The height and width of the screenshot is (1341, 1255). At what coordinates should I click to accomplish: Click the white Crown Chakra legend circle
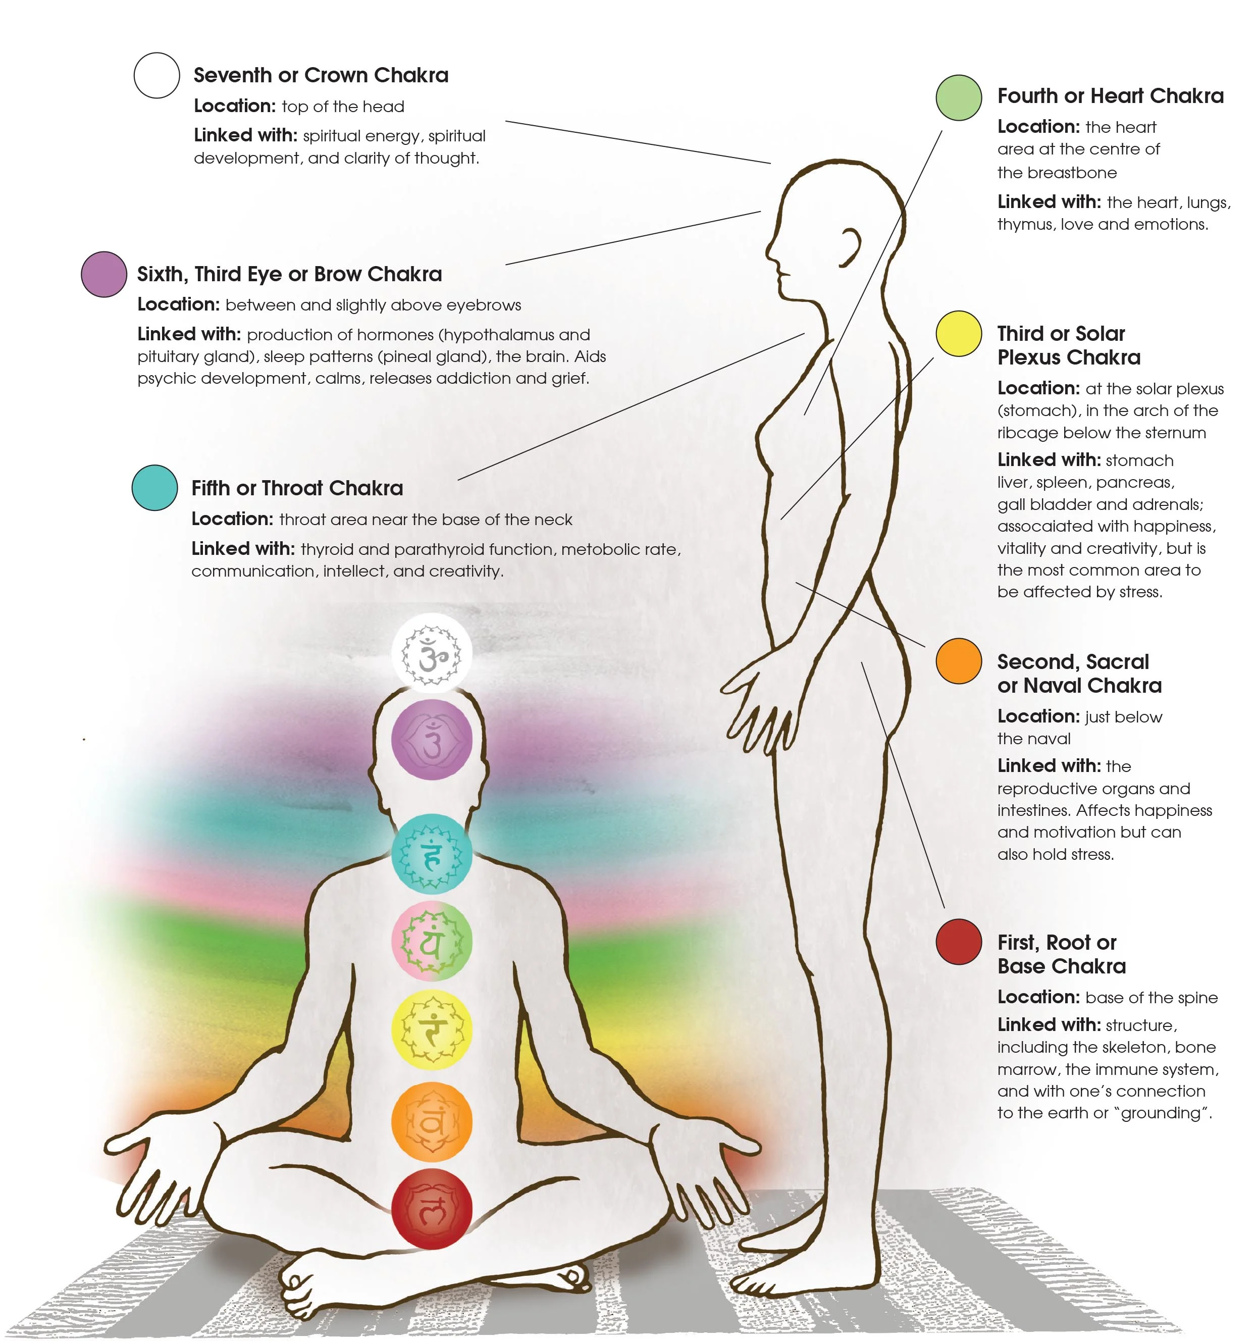pyautogui.click(x=156, y=76)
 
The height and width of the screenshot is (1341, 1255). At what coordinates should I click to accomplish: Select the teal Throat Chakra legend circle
pyautogui.click(x=154, y=488)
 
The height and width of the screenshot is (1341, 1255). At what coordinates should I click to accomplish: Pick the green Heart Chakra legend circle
pyautogui.click(x=958, y=98)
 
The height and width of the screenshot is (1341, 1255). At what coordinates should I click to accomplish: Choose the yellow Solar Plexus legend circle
pyautogui.click(x=958, y=333)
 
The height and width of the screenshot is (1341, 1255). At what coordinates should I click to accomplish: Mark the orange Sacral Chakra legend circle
pyautogui.click(x=958, y=661)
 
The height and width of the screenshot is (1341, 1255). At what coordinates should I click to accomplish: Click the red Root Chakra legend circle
pyautogui.click(x=958, y=942)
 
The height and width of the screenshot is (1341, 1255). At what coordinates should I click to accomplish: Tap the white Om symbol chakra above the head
pyautogui.click(x=432, y=653)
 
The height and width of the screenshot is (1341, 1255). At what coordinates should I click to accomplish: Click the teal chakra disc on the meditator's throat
pyautogui.click(x=432, y=854)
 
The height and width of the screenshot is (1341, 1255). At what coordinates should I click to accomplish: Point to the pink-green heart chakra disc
pyautogui.click(x=432, y=942)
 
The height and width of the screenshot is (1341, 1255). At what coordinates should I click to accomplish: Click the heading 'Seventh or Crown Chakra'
pyautogui.click(x=321, y=75)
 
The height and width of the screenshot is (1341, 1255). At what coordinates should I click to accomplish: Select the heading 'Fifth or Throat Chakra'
pyautogui.click(x=297, y=488)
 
